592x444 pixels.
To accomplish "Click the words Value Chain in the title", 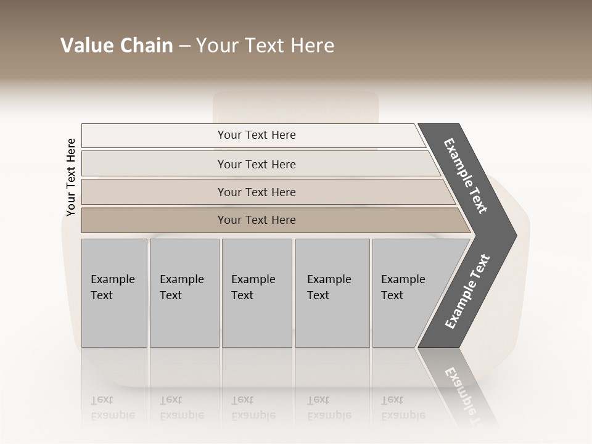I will click(117, 46).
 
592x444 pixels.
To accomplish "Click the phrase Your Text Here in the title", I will click(265, 46).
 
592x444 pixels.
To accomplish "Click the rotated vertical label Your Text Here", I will click(71, 177).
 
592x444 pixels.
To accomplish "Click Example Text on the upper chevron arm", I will click(466, 176).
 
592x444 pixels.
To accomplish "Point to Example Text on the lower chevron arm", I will click(467, 292).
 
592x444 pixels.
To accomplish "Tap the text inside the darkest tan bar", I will click(257, 220).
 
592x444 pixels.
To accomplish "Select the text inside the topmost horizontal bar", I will click(257, 135).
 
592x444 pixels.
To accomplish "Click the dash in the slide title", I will click(184, 46).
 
